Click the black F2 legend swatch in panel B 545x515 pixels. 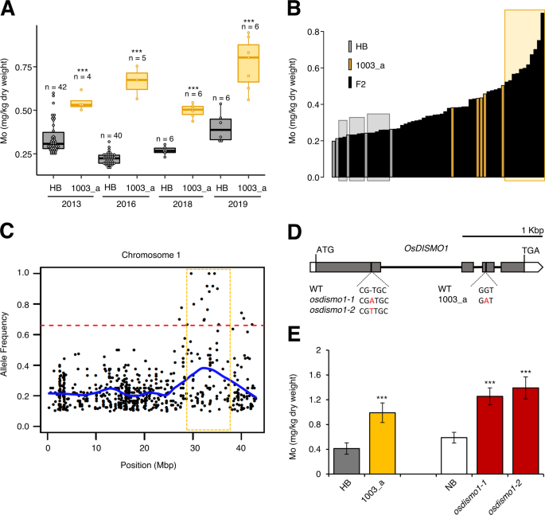352,82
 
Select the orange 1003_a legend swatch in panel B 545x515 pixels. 352,64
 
